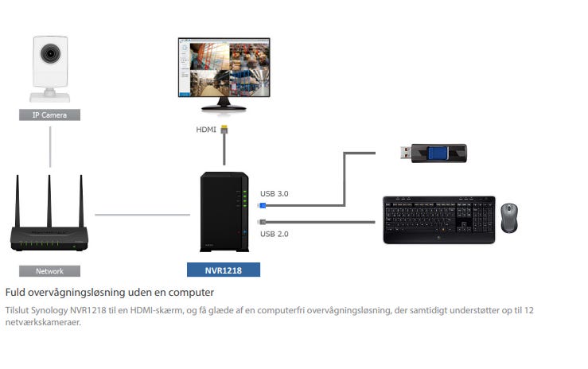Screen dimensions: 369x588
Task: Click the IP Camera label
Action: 49,115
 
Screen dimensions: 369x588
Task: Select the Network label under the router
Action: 49,270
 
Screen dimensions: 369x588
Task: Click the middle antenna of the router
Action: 49,199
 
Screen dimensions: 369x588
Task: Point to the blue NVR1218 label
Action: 224,270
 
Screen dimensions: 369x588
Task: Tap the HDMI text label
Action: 205,129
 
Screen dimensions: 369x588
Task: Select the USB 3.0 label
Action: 275,193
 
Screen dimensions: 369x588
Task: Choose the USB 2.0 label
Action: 275,233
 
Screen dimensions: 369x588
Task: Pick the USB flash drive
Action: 434,153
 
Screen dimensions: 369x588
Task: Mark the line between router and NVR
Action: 143,214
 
